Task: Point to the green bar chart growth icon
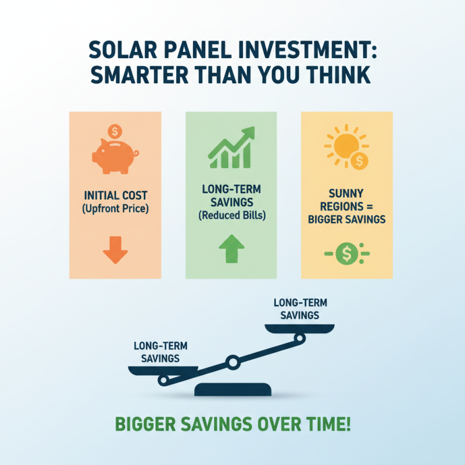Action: coord(231,148)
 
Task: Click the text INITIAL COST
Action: coord(115,195)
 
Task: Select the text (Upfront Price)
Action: coord(115,207)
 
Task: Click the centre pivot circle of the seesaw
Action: coord(233,363)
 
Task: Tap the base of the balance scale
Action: coord(233,389)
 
